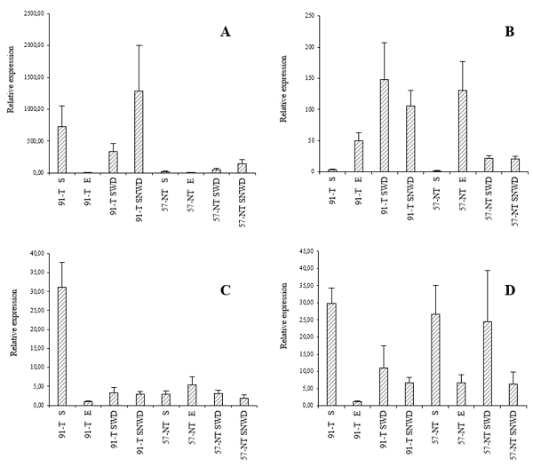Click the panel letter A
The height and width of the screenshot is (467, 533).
tap(226, 33)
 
